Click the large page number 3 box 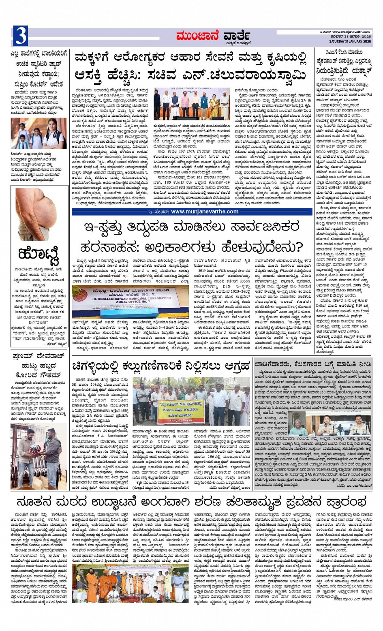[x=20, y=36]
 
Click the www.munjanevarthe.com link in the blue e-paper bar [x=204, y=212]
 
